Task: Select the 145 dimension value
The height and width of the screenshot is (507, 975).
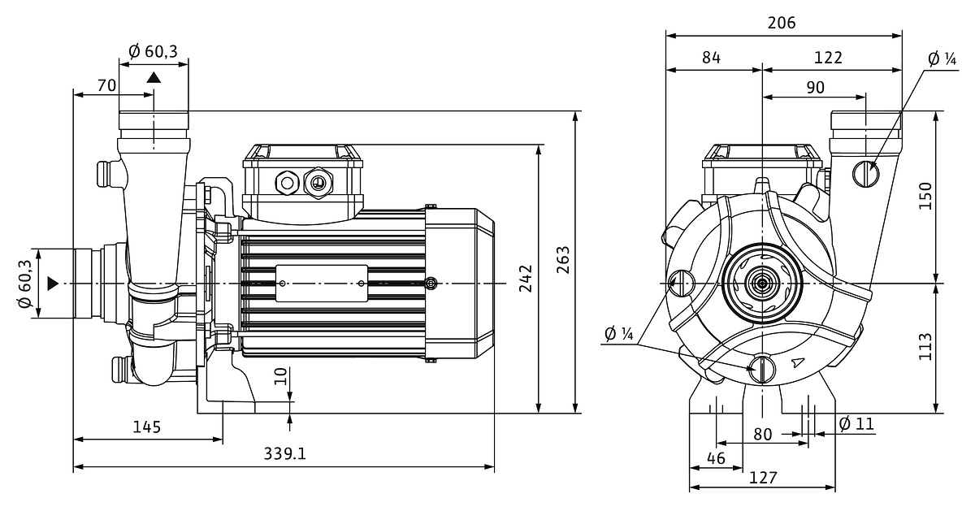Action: pos(146,427)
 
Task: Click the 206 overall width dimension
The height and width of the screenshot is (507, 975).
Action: pos(782,23)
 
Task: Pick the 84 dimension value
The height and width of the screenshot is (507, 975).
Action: pos(711,58)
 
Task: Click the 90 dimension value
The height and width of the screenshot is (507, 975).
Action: pos(815,87)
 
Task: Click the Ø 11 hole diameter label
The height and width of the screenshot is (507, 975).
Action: pos(855,423)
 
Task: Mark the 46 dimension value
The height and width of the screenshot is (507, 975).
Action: pos(715,458)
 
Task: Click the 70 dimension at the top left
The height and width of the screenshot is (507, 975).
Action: pos(106,84)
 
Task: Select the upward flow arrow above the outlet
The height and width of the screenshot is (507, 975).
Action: pos(154,77)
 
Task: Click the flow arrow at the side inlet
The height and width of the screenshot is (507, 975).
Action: pos(53,283)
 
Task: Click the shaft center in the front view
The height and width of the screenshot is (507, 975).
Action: pos(762,283)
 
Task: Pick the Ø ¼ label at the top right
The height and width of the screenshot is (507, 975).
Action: pos(942,58)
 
